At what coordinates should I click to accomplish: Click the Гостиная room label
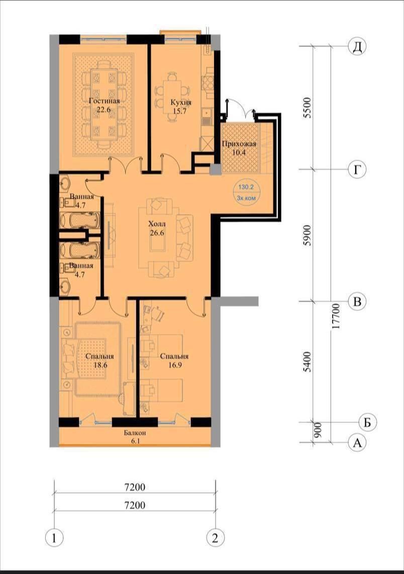pos(105,101)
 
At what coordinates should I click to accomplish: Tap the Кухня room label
pos(181,102)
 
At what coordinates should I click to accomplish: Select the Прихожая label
pos(239,144)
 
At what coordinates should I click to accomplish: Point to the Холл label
pos(157,224)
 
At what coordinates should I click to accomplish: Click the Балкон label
pos(135,433)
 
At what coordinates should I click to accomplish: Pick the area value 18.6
pos(99,365)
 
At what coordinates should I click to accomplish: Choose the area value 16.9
pos(174,365)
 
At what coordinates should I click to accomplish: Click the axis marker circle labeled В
pos(357,301)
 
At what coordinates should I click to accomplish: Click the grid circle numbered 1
pos(54,538)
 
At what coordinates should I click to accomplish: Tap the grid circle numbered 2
pos(215,538)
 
